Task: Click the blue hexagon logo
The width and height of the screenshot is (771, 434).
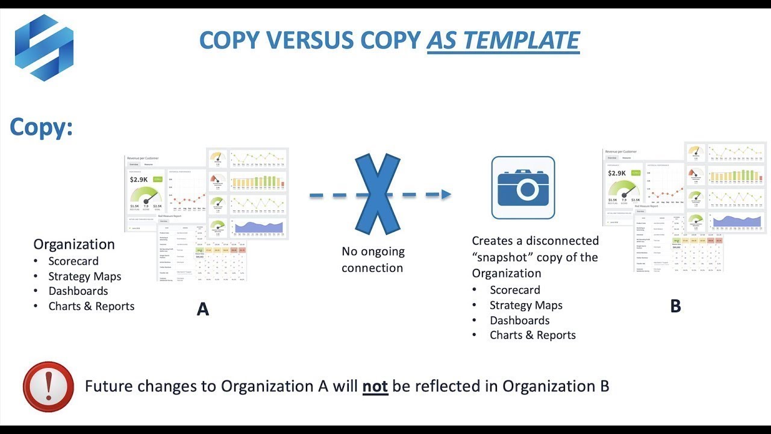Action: click(x=44, y=48)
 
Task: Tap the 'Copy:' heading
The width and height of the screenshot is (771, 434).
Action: click(x=41, y=127)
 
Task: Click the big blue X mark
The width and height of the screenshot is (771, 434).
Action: click(x=378, y=194)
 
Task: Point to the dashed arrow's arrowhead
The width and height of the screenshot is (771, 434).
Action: click(x=446, y=194)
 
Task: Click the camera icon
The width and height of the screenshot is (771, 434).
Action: click(x=523, y=187)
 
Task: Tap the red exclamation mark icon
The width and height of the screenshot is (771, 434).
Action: click(x=48, y=386)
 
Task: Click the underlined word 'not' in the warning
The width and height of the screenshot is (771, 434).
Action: click(x=375, y=386)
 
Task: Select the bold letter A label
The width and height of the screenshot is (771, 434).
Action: click(x=203, y=310)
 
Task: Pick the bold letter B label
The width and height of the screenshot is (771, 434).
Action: click(x=675, y=306)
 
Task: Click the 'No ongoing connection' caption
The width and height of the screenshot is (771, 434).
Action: click(x=373, y=260)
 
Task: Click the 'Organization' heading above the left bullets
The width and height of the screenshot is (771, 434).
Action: click(x=74, y=244)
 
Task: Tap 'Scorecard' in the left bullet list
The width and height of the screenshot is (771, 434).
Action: click(x=73, y=261)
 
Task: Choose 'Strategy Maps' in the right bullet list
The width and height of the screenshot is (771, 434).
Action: click(x=526, y=305)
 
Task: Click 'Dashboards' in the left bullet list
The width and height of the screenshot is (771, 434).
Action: click(x=78, y=291)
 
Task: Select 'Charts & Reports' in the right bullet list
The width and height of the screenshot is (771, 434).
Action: click(x=532, y=335)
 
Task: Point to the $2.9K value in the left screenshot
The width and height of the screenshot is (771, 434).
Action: click(x=140, y=180)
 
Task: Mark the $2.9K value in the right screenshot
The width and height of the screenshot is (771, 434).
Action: click(x=617, y=174)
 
